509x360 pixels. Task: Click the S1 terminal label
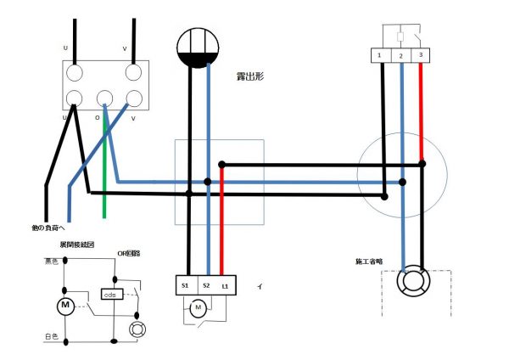(x=185, y=286)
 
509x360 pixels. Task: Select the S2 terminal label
(x=205, y=286)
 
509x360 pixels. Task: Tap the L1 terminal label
(x=225, y=286)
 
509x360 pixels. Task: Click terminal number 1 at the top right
(x=380, y=56)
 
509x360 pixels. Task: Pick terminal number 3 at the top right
(x=421, y=56)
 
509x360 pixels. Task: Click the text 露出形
(x=251, y=76)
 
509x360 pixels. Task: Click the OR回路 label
(x=129, y=253)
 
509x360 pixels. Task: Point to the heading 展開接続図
(x=77, y=245)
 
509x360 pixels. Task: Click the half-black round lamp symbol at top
(x=199, y=48)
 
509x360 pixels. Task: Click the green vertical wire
(x=104, y=170)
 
